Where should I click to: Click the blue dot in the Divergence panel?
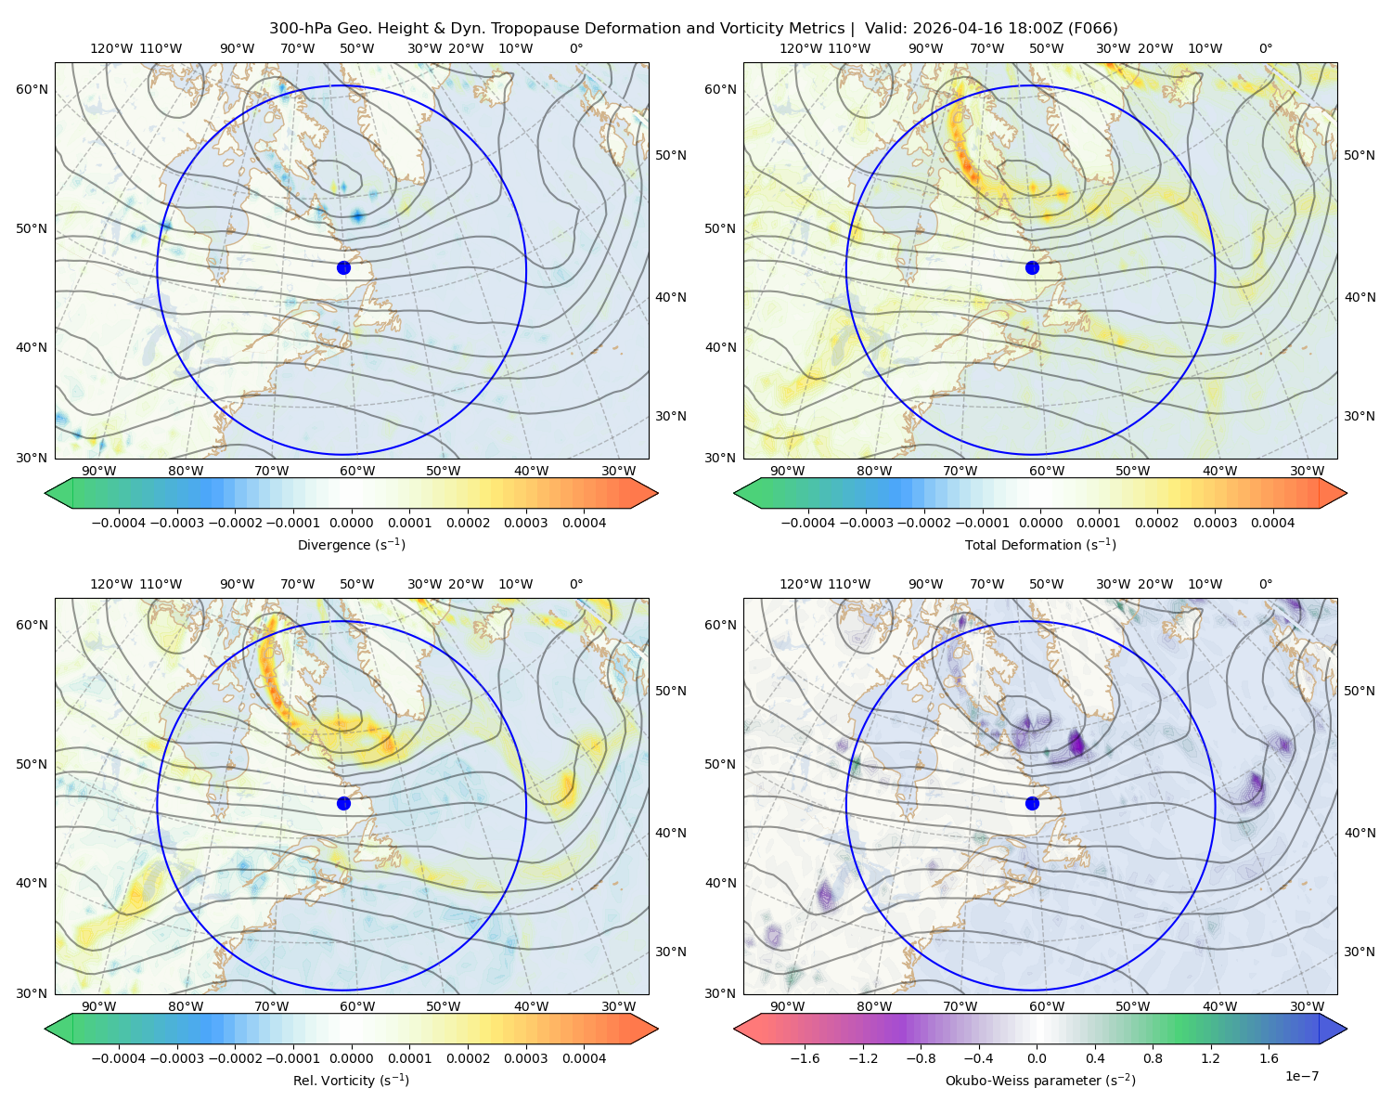(343, 267)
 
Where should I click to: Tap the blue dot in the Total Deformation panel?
(1032, 267)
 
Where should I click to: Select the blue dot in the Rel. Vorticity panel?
(343, 803)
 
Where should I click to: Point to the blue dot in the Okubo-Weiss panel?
(1032, 803)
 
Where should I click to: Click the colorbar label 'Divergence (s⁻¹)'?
(351, 544)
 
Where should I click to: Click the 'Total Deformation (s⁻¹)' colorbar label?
(1040, 544)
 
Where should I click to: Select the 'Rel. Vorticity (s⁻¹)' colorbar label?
(351, 1080)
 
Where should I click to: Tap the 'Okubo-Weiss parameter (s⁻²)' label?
(1040, 1080)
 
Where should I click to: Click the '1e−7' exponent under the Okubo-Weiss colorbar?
(1301, 1076)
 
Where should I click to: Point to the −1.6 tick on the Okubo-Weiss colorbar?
(805, 1057)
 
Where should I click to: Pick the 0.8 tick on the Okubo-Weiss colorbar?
(1153, 1057)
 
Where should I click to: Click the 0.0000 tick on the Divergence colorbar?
(351, 523)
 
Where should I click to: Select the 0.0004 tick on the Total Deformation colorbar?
(1272, 523)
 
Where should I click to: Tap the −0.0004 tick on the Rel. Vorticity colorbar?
(119, 1057)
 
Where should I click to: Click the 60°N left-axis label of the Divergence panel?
(32, 89)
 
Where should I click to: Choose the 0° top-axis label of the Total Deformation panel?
(1265, 48)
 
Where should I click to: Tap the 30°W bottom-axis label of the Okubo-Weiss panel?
(1307, 1006)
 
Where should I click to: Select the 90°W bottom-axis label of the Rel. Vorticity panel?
(99, 1006)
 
